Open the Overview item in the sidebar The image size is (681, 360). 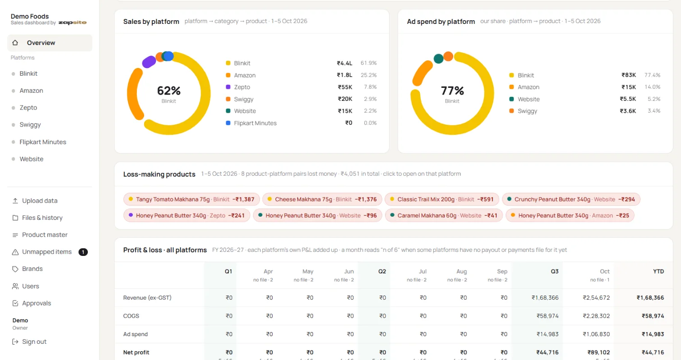tap(50, 43)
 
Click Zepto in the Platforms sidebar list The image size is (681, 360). tap(28, 108)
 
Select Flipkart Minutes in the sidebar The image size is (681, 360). tap(43, 142)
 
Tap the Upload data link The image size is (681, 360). tap(40, 201)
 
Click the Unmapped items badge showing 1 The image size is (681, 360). tap(83, 252)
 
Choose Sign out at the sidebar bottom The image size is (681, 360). tap(34, 342)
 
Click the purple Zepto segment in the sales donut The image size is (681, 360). tap(149, 62)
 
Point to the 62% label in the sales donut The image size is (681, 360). tap(169, 91)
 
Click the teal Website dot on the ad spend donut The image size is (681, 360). tap(438, 59)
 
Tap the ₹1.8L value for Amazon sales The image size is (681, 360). tap(345, 75)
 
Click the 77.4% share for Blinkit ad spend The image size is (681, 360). tap(653, 75)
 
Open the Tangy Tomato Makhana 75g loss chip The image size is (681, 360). tap(191, 200)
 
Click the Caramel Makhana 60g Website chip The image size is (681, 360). tap(444, 215)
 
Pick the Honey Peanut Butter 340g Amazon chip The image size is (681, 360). tap(570, 215)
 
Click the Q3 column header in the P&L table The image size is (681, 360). tap(554, 271)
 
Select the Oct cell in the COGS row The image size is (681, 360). tap(596, 316)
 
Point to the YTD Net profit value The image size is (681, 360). tap(653, 352)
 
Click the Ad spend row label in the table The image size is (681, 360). tap(135, 334)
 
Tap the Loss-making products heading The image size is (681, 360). tap(159, 174)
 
